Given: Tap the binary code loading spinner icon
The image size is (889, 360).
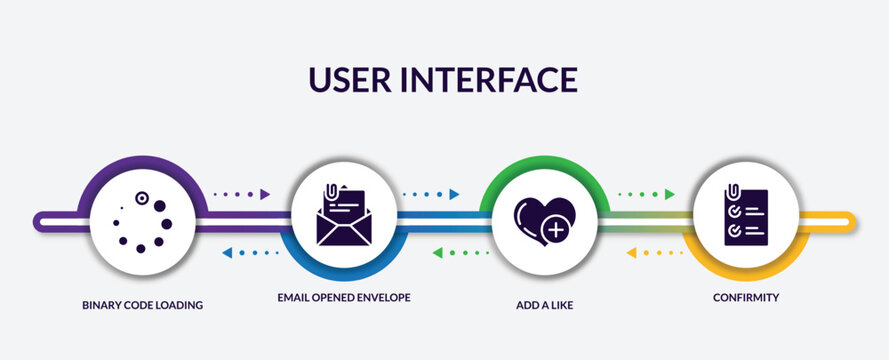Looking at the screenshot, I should coord(142,221).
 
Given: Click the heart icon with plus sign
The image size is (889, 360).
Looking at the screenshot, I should coord(543,221).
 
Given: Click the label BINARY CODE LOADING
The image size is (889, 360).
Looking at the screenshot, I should coord(142,304).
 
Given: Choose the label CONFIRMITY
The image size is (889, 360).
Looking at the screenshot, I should coord(746,297).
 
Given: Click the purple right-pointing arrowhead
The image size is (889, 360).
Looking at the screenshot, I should coord(265,194).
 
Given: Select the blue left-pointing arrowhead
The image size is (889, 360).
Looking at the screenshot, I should coord(227,252).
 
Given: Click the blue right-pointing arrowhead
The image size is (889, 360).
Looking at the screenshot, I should coord(454,194).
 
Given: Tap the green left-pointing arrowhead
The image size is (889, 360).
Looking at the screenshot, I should coord(438,252).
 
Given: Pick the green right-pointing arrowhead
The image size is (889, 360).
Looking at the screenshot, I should coord(669,194).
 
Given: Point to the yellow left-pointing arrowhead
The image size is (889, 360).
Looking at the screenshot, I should coord(631,252).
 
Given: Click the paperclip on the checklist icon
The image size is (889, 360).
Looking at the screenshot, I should coord(734,191).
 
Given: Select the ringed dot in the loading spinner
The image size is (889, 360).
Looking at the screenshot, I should coord(142,198).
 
